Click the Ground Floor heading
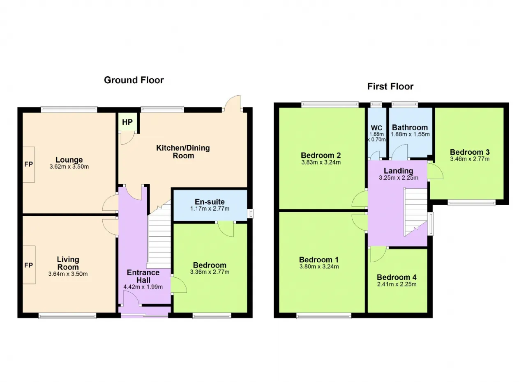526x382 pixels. [x=134, y=80]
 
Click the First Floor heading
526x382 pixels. [x=390, y=87]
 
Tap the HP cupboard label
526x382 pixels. [x=127, y=122]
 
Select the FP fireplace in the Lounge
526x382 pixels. [x=29, y=165]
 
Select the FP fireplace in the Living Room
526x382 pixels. [x=29, y=265]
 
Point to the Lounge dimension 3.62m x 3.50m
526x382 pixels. [x=69, y=167]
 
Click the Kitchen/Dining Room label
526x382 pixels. [x=183, y=152]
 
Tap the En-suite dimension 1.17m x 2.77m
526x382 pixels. [x=210, y=209]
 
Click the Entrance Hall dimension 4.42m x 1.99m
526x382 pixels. [x=143, y=287]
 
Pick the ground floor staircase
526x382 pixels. [x=159, y=236]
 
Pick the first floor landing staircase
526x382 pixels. [x=415, y=212]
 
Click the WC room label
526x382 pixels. [x=377, y=128]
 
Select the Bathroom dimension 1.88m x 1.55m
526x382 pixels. [x=410, y=134]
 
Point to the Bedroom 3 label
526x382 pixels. [x=470, y=152]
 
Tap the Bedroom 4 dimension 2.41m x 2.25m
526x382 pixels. [x=397, y=284]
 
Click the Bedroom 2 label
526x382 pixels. [x=321, y=155]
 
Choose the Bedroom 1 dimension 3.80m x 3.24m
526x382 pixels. [x=319, y=267]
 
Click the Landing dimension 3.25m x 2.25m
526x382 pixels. [x=399, y=178]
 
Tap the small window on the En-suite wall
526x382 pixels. [x=250, y=213]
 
